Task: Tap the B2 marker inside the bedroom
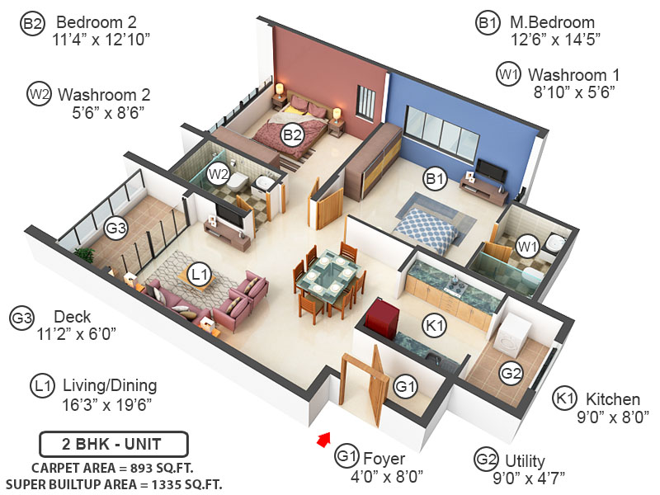coord(291,134)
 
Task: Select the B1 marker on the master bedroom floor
coord(434,178)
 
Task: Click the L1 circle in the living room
coord(200,271)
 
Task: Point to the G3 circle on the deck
coord(116,227)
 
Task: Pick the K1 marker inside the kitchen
coord(434,326)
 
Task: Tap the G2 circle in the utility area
coord(511,374)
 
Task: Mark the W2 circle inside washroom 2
coord(218,174)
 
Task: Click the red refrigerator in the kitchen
coord(382,318)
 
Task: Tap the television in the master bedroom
coord(490,172)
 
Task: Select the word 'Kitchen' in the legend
coord(613,399)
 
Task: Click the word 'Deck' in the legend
coord(72,317)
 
